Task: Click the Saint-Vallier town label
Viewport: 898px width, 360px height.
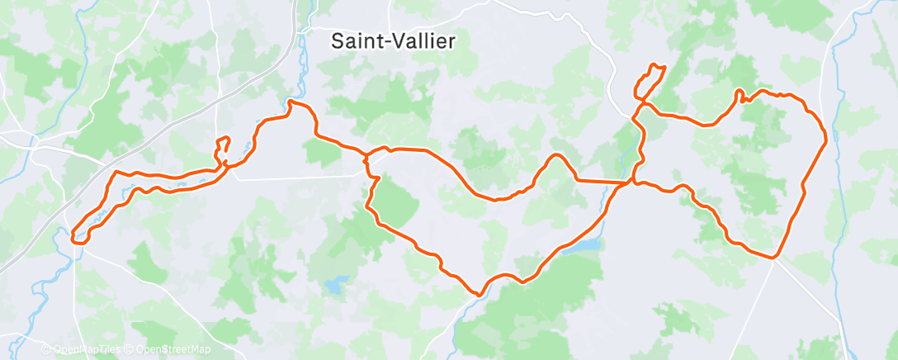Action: (x=392, y=41)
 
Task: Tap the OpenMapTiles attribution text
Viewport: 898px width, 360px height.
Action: (x=85, y=349)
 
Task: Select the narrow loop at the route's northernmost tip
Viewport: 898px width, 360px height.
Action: (x=653, y=75)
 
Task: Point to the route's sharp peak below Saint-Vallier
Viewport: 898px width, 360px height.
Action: (x=291, y=103)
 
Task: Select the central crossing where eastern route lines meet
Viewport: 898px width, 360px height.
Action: (x=632, y=181)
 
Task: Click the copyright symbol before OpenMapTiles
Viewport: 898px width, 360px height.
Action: (x=46, y=349)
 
